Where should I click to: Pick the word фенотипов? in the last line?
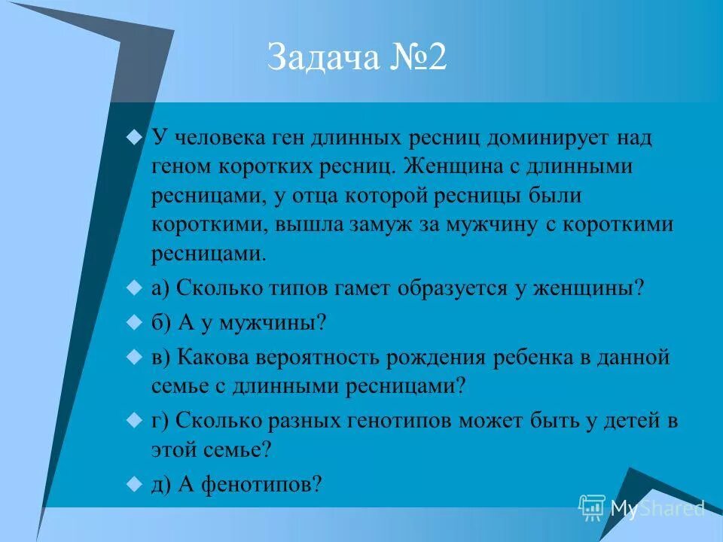pos(250,486)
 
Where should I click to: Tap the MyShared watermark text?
pos(657,509)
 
